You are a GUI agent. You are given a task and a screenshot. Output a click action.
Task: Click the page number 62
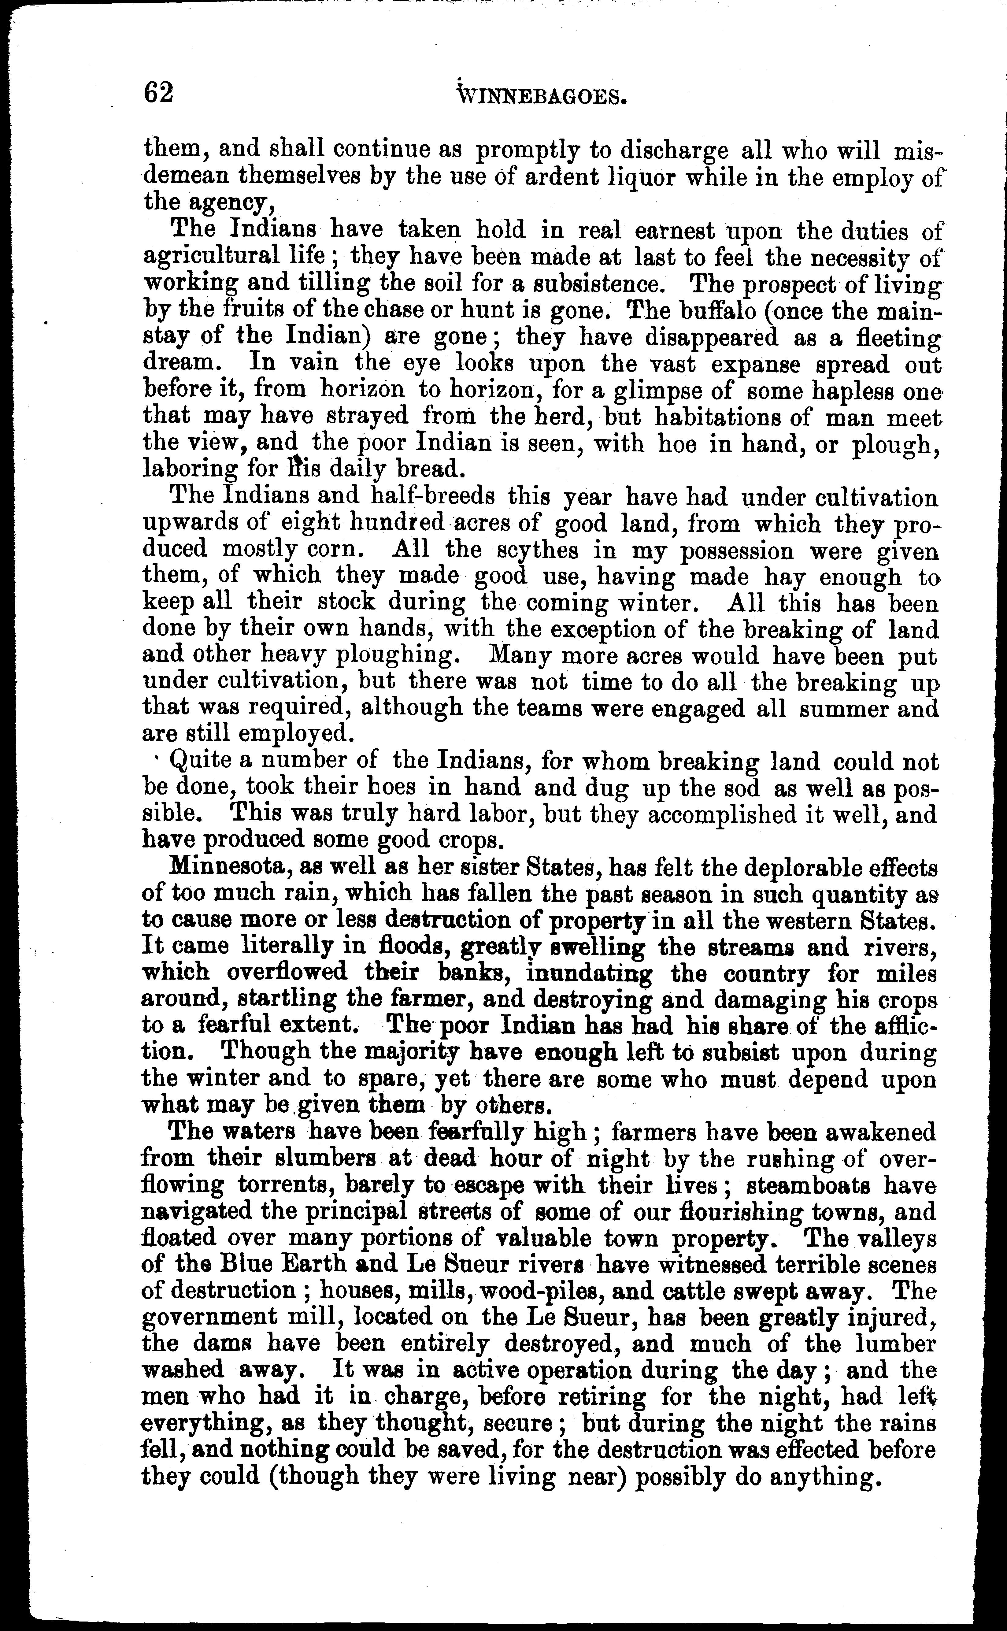(158, 93)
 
